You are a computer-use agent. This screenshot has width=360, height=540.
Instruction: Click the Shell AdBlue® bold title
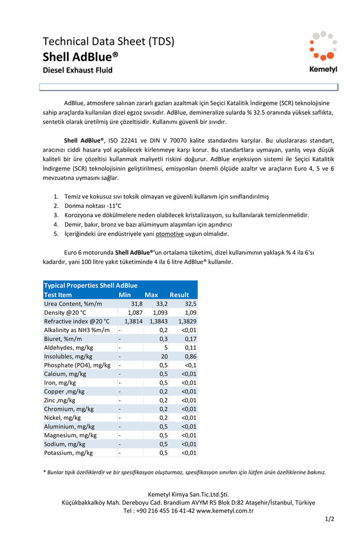tap(80, 56)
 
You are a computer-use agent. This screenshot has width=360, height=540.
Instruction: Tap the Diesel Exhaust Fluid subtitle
tap(77, 70)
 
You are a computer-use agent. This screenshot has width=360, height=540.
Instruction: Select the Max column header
tap(151, 294)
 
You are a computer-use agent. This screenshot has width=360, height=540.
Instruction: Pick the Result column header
tap(179, 294)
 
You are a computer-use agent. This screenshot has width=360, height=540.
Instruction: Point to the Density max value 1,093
tap(159, 312)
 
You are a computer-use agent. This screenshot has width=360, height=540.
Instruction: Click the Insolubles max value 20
tap(164, 356)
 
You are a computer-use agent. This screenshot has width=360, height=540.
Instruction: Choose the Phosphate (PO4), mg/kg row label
tap(77, 365)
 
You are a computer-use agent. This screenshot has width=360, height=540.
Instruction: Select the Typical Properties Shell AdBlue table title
tap(91, 285)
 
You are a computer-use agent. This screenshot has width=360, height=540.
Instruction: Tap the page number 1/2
tap(329, 519)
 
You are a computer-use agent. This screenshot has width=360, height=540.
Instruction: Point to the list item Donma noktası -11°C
tap(92, 206)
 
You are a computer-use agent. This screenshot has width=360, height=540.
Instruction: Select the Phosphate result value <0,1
tap(190, 365)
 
